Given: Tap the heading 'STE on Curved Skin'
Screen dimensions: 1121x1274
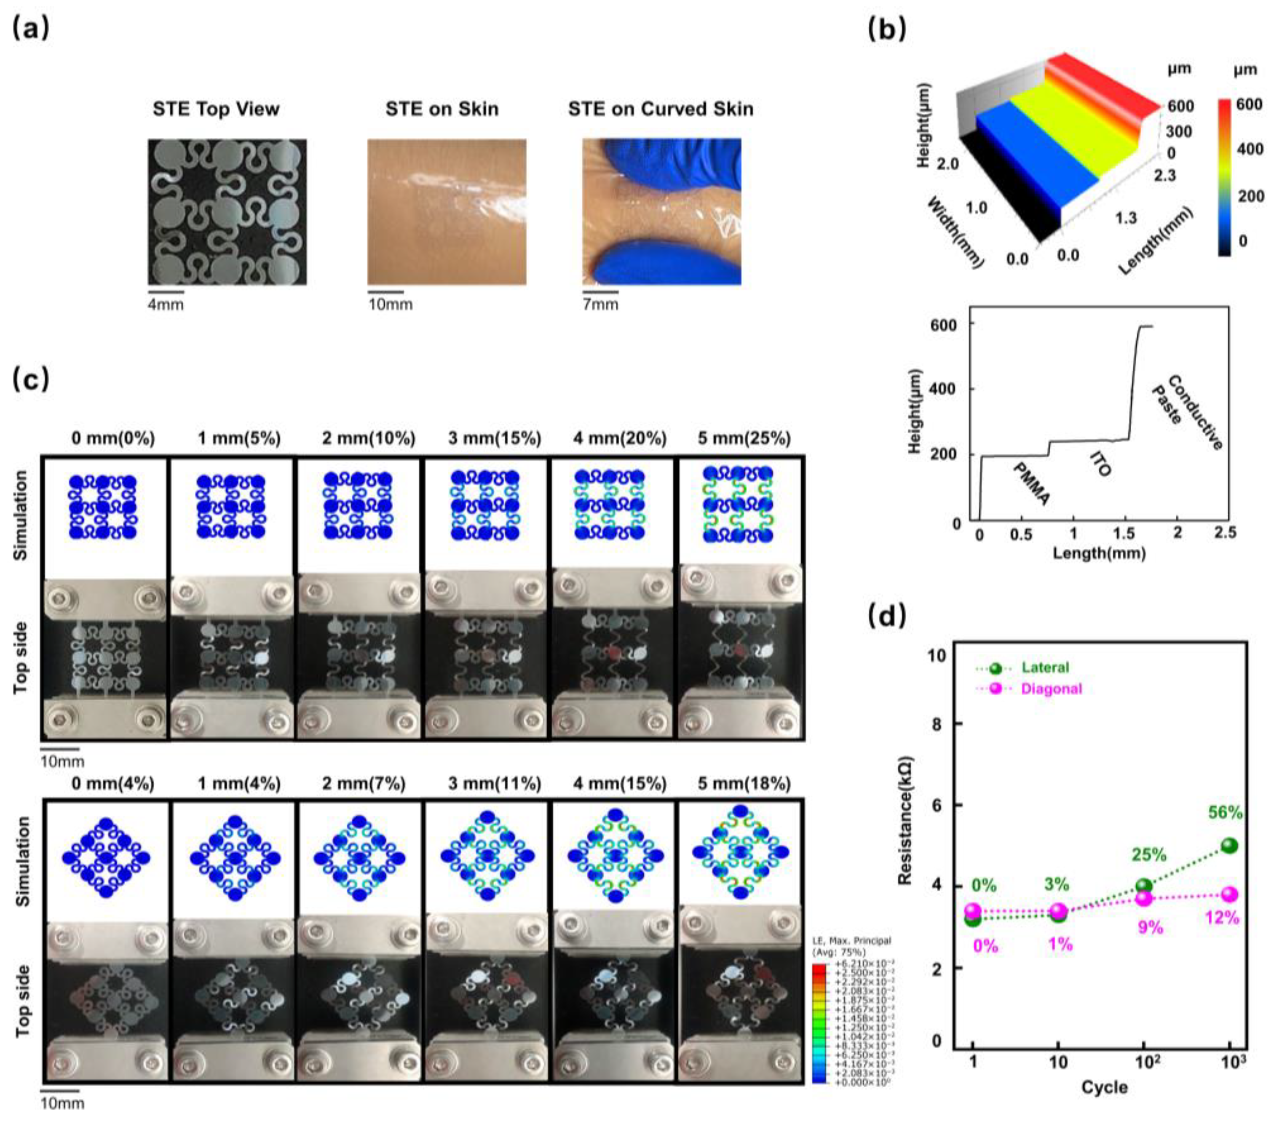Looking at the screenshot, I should [660, 109].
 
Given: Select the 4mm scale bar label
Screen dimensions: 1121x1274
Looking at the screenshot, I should [166, 305].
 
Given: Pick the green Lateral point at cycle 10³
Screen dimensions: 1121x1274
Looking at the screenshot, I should [1229, 846].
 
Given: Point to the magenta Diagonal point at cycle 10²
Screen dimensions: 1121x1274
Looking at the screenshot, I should [1144, 898].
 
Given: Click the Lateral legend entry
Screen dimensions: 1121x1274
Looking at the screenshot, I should [1045, 667].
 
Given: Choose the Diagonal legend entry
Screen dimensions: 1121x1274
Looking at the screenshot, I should [1051, 689].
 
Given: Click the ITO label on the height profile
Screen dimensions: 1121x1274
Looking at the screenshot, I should [1100, 464].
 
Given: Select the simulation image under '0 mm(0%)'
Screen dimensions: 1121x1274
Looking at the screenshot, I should [104, 507].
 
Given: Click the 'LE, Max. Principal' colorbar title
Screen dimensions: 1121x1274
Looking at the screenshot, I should [851, 940].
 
